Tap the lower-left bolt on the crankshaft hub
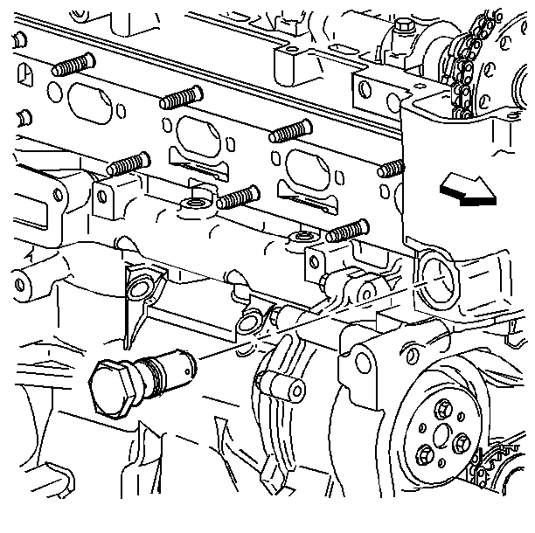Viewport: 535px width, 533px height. tap(425, 453)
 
